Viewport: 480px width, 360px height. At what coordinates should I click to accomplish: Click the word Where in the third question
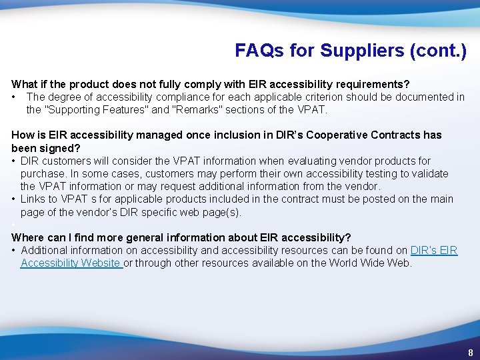click(x=28, y=237)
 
